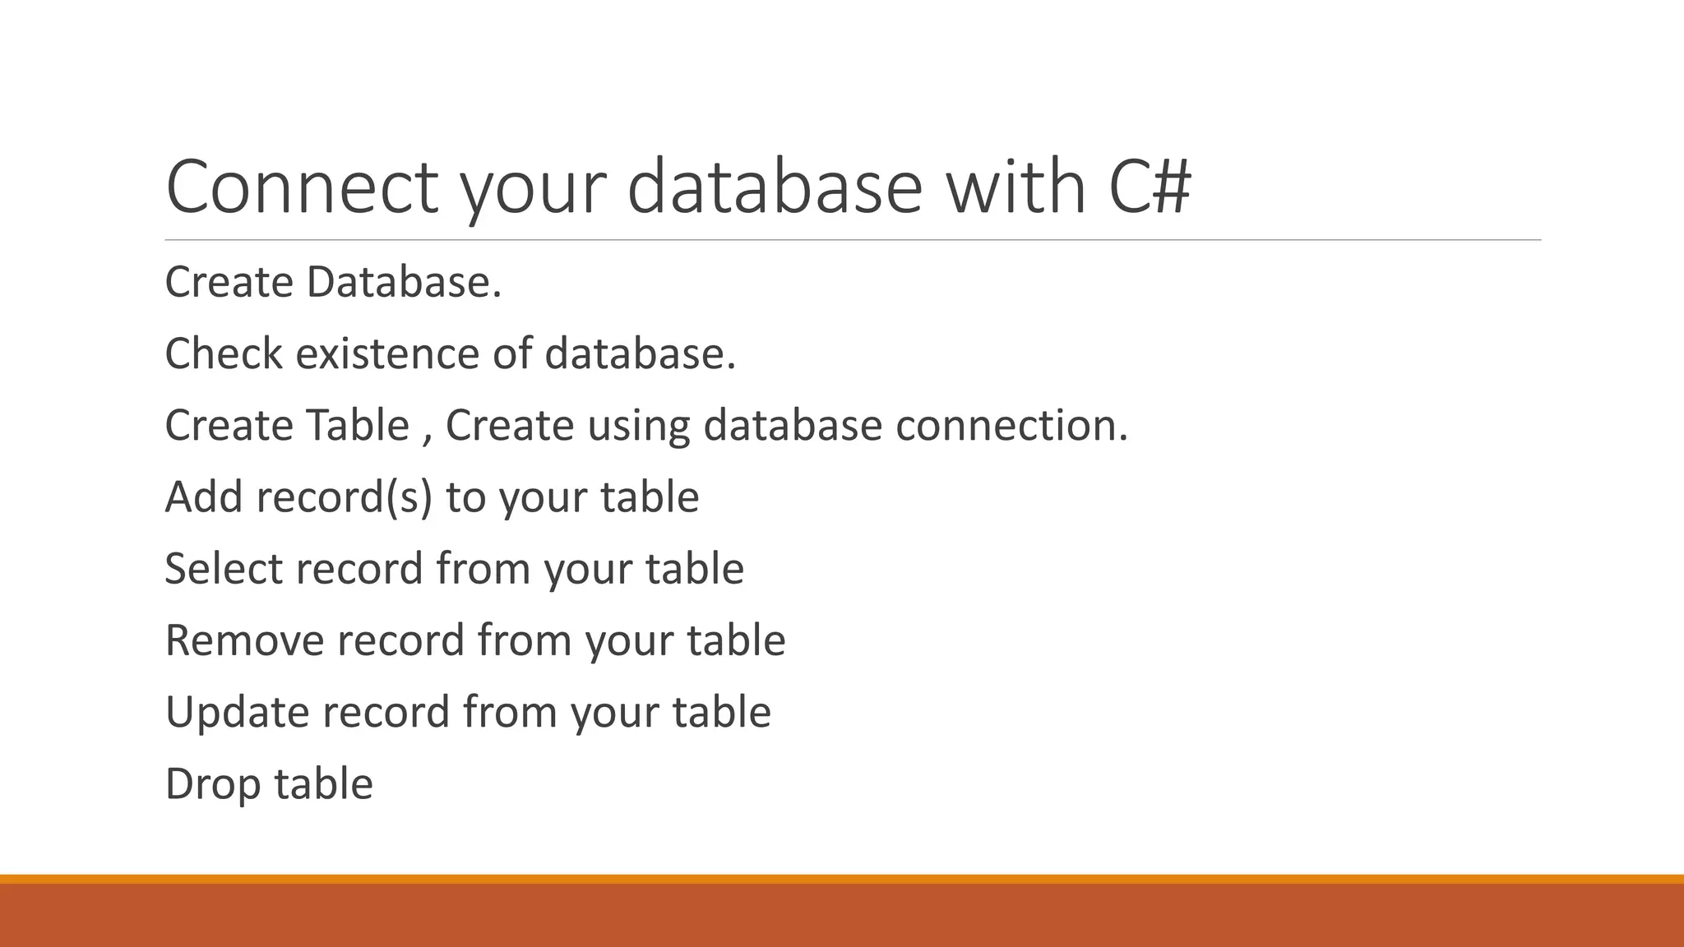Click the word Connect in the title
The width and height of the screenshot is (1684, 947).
302,187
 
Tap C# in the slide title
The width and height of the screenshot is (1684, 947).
1149,187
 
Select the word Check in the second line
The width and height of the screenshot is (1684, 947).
224,354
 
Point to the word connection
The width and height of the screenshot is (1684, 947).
1011,426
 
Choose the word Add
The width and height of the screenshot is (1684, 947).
204,497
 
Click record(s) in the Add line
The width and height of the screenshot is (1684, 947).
345,498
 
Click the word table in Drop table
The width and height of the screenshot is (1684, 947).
323,783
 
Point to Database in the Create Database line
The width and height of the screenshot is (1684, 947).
403,283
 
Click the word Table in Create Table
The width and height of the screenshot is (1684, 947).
358,426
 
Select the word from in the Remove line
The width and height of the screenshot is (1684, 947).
524,640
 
